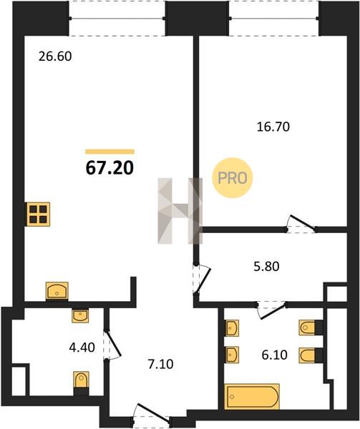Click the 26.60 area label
point(55,56)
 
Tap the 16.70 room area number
point(273,127)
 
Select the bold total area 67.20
point(110,167)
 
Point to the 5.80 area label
point(266,267)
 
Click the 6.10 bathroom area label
point(274,355)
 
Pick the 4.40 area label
point(82,347)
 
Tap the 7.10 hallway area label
point(160,364)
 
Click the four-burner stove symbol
point(39,214)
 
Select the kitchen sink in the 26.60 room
point(57,290)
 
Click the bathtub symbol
point(252,396)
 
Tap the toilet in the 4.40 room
point(81,380)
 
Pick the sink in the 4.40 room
point(80,316)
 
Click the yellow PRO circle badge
point(233,178)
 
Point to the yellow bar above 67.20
point(110,152)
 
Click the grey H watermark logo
point(180,211)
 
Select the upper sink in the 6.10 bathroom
point(232,327)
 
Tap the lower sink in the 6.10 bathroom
point(232,355)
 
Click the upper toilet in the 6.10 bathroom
point(306,327)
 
